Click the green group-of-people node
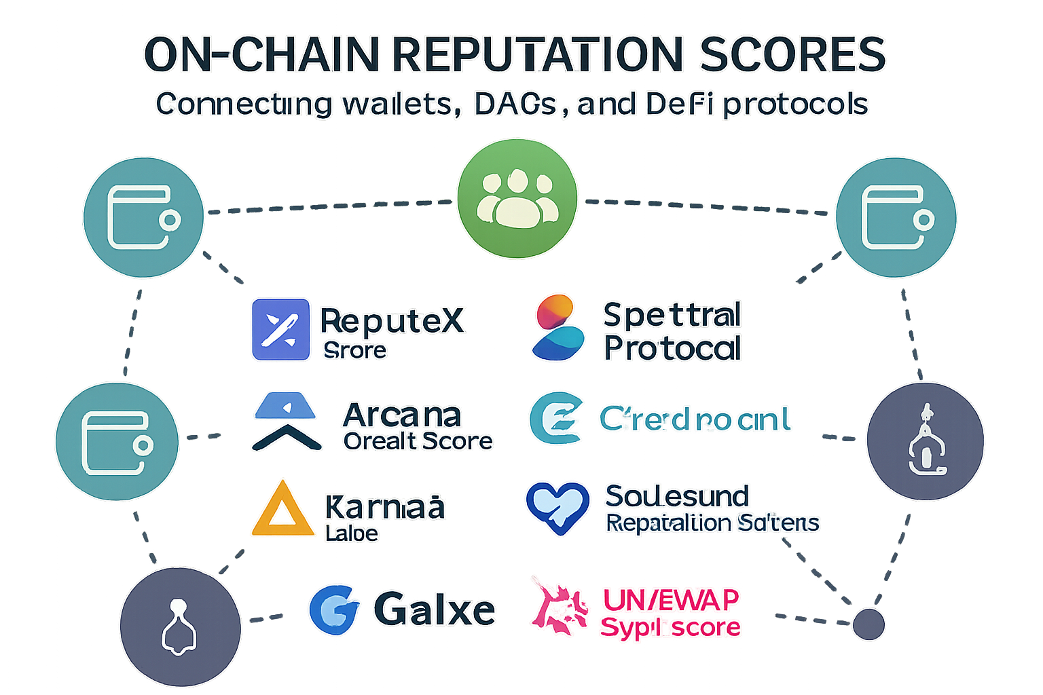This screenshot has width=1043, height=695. [517, 198]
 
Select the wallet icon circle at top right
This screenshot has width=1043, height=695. [896, 218]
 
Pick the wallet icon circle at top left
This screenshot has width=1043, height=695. [143, 218]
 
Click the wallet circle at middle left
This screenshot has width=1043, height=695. [117, 442]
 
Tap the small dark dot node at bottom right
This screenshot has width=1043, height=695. [868, 624]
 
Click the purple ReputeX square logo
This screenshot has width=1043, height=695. [280, 329]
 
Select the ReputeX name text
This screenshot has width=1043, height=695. [392, 320]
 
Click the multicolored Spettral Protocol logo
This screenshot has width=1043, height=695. [557, 327]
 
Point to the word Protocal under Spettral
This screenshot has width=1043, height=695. [672, 349]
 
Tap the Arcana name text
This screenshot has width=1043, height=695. [402, 415]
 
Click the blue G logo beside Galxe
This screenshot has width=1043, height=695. [334, 609]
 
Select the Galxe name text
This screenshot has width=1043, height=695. [435, 609]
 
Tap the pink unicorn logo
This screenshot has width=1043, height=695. [559, 606]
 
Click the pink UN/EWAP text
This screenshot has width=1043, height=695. [670, 600]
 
